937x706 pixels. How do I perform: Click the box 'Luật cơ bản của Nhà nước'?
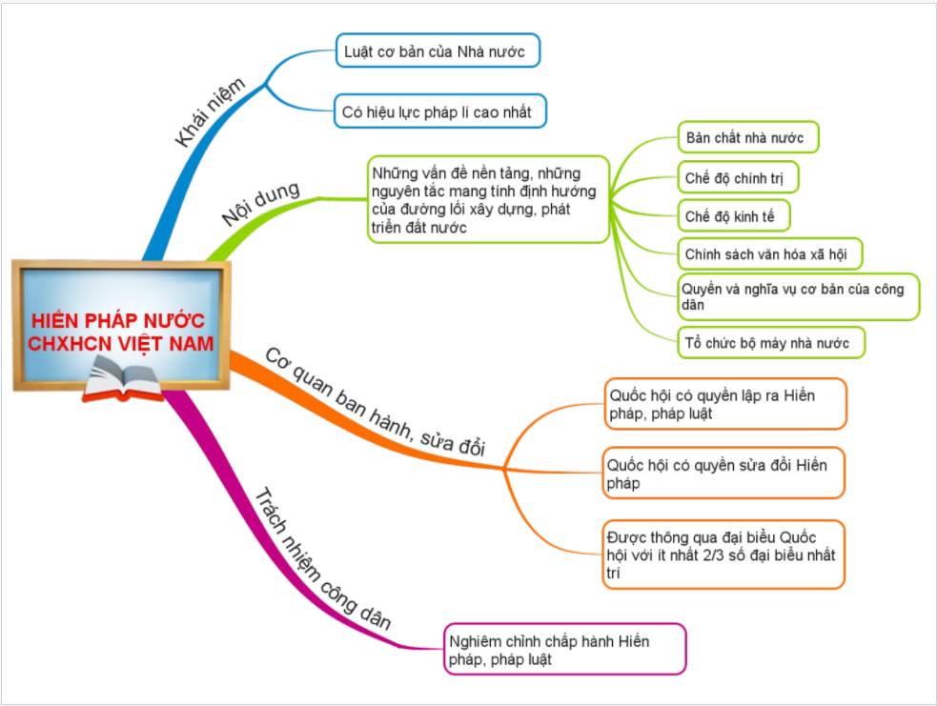[x=438, y=50]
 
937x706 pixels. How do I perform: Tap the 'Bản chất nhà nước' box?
[x=748, y=138]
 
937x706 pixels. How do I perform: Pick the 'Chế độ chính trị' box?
[x=738, y=177]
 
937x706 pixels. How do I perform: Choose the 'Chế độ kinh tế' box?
[x=733, y=216]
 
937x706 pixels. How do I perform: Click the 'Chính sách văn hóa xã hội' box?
[x=769, y=254]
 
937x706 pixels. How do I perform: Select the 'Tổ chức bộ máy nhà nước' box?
[x=771, y=341]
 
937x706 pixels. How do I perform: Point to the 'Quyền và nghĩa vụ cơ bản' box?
[x=798, y=296]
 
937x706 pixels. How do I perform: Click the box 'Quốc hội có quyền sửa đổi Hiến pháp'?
[x=723, y=473]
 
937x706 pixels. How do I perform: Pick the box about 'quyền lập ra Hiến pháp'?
[x=723, y=403]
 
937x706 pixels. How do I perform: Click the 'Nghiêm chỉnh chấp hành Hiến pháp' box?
[x=564, y=649]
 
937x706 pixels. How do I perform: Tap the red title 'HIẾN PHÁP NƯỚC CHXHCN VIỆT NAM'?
[x=122, y=331]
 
